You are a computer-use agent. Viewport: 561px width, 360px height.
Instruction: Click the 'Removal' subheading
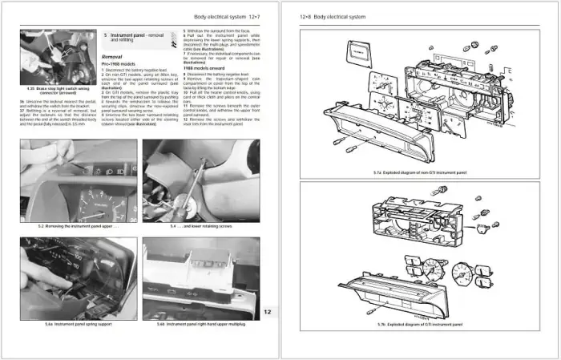tap(114, 58)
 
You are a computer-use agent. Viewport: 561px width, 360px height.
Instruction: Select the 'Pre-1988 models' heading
tap(118, 65)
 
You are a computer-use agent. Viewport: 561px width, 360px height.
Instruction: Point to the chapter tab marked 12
tap(268, 313)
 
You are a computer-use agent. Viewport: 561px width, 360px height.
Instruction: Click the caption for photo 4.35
tap(58, 91)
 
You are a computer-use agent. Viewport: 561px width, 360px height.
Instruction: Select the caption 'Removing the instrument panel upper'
tap(78, 227)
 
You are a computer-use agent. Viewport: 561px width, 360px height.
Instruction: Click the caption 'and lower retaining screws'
tap(200, 227)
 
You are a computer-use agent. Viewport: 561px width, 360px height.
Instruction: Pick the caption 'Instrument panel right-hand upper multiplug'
tap(201, 324)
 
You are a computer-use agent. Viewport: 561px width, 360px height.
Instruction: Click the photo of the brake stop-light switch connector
tap(58, 57)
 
